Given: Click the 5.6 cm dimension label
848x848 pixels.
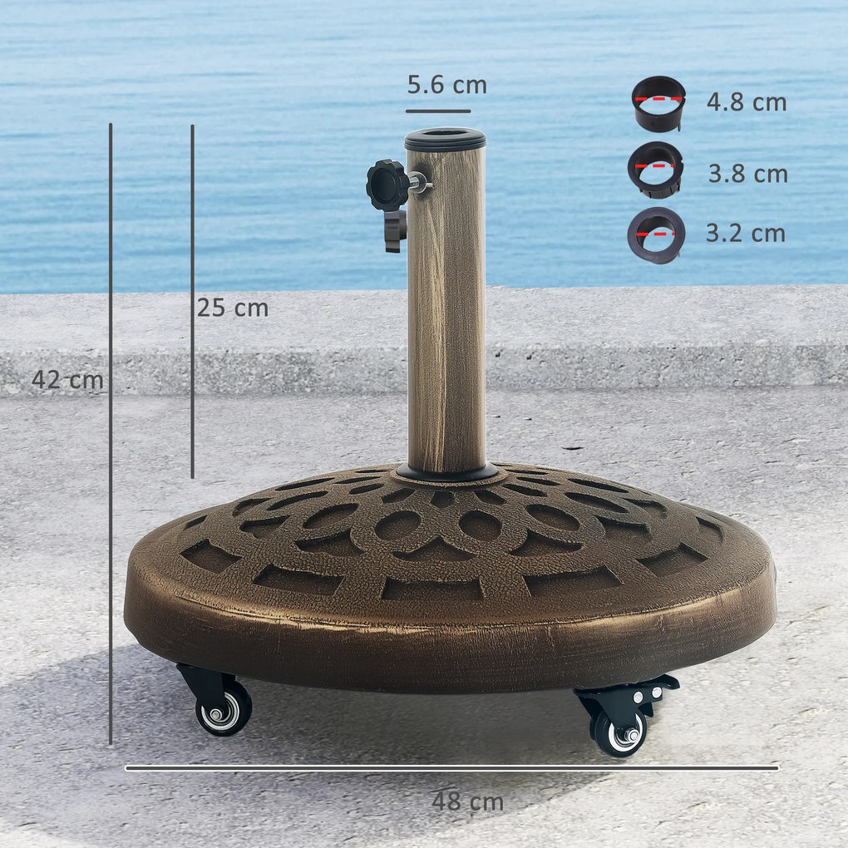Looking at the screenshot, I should click(446, 86).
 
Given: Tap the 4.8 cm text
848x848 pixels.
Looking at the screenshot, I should click(746, 103).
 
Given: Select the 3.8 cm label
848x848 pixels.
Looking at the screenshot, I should click(747, 175).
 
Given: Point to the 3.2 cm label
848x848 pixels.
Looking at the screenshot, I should click(745, 234).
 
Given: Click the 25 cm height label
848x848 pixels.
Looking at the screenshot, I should click(233, 308).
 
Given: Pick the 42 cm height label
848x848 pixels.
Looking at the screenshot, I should click(67, 380).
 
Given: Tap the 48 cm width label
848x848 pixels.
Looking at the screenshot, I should click(467, 802).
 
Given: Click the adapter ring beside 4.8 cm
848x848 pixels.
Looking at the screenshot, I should click(658, 105).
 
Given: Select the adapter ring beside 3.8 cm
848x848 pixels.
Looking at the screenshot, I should click(656, 170).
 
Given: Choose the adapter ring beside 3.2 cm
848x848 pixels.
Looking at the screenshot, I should click(656, 235).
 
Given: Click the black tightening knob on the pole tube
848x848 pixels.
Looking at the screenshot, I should click(387, 186).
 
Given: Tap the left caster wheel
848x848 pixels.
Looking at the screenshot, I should click(223, 711).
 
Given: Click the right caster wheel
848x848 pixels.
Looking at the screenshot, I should click(619, 732).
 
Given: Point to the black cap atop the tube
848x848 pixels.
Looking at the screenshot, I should click(446, 138).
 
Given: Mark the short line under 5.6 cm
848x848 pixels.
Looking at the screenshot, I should click(438, 111).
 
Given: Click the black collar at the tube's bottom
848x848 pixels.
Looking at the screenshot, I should click(447, 474).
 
